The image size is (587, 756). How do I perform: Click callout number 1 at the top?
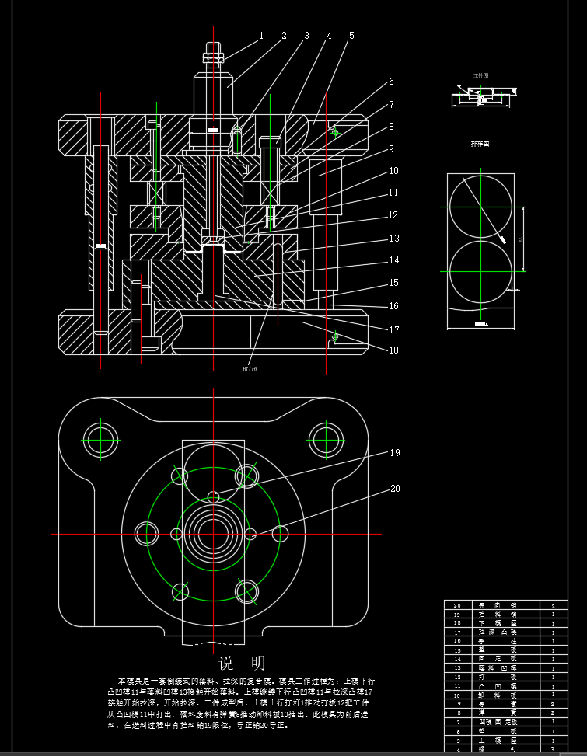coord(262,36)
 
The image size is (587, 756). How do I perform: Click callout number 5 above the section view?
coord(351,36)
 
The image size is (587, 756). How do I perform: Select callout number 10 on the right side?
coord(394,170)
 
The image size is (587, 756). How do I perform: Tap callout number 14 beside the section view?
coord(394,260)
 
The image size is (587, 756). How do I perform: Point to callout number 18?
coord(394,350)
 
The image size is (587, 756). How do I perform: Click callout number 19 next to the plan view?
coord(395,452)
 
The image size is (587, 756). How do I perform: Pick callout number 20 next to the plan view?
coord(395,489)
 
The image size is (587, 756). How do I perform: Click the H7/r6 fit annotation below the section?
coord(250,368)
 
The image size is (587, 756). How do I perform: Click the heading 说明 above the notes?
coord(242,663)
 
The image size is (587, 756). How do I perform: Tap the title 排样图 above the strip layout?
coord(480,144)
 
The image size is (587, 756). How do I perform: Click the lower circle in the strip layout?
coord(480,271)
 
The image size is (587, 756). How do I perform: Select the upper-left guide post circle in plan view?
coord(100,439)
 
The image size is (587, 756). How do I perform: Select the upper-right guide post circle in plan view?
coord(326,439)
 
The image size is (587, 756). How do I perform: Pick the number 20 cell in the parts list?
coord(457,604)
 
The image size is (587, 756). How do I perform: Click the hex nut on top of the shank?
coord(214,56)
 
